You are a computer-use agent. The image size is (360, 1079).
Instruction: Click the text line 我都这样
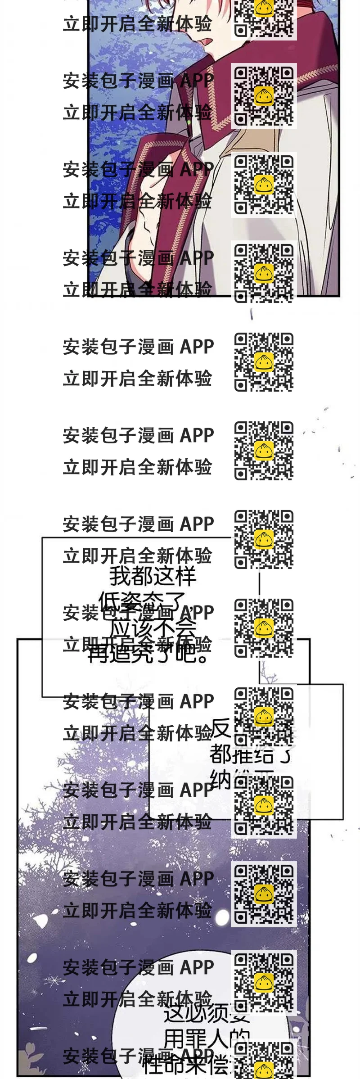point(153,577)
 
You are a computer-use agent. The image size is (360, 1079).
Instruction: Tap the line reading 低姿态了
point(142,601)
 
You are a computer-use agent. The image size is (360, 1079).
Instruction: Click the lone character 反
point(221,729)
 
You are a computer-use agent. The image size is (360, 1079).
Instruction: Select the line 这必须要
point(206,1013)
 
